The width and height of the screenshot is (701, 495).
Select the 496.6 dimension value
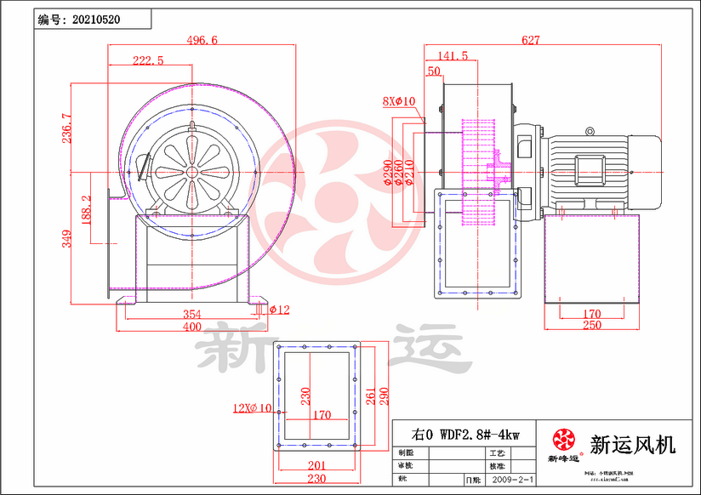202,40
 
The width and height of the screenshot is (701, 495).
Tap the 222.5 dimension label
148,60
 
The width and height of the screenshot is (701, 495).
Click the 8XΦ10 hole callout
398,101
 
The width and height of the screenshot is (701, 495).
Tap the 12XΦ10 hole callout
252,408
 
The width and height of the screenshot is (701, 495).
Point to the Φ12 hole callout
279,310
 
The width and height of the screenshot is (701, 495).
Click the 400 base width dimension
191,327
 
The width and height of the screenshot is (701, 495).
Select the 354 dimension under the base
191,315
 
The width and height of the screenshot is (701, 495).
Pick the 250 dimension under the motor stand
592,326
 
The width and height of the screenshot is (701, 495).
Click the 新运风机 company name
632,444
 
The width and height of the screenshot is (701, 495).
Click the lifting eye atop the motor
590,130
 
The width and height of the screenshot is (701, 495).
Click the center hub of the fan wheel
192,171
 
